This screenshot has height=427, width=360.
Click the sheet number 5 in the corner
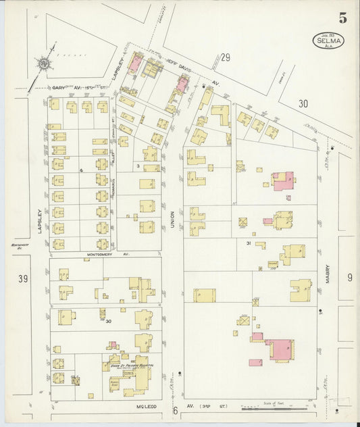point(342,18)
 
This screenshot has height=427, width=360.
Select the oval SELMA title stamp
point(328,41)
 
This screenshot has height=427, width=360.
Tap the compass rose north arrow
point(45,64)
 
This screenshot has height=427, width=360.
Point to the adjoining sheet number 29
point(225,57)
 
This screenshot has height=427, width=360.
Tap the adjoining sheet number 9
point(349,277)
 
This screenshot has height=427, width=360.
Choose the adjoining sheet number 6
point(174,410)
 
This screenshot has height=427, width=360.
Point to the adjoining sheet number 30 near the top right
point(303,103)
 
